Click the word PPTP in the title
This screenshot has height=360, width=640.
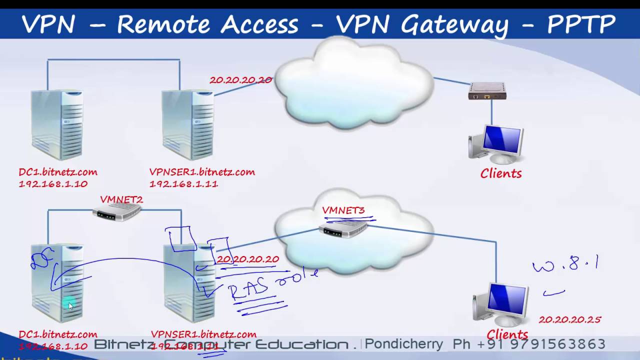pyautogui.click(x=581, y=24)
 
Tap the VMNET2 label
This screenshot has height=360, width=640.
pyautogui.click(x=121, y=199)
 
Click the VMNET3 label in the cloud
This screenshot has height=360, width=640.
pyautogui.click(x=343, y=210)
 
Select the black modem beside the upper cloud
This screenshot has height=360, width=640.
pyautogui.click(x=487, y=92)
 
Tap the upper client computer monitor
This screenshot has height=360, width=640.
pyautogui.click(x=502, y=141)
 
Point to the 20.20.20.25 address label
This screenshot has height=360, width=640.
pyautogui.click(x=569, y=319)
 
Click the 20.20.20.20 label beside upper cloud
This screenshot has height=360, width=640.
pyautogui.click(x=240, y=80)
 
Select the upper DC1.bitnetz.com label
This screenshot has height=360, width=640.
pyautogui.click(x=58, y=172)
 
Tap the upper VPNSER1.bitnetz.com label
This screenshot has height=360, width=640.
pyautogui.click(x=202, y=172)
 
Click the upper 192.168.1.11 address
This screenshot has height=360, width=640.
pyautogui.click(x=183, y=184)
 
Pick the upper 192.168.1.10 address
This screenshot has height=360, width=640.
pyautogui.click(x=53, y=184)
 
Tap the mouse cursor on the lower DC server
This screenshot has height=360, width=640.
pyautogui.click(x=70, y=305)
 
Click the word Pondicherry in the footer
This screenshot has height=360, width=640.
pyautogui.click(x=404, y=344)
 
